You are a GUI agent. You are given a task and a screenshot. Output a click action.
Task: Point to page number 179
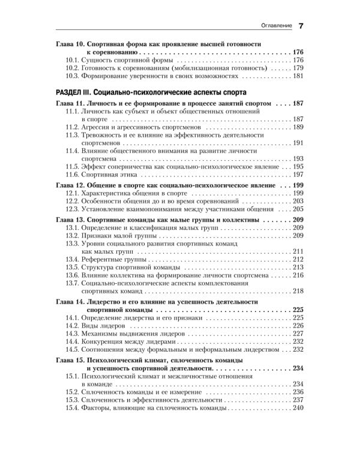tap(299, 69)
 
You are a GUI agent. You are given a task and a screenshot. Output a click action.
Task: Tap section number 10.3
tap(73, 77)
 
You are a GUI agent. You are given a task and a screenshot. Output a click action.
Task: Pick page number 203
tap(299, 202)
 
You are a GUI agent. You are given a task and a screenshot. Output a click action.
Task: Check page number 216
tap(299, 275)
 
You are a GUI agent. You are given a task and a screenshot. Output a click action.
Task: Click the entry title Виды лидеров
tap(108, 325)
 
